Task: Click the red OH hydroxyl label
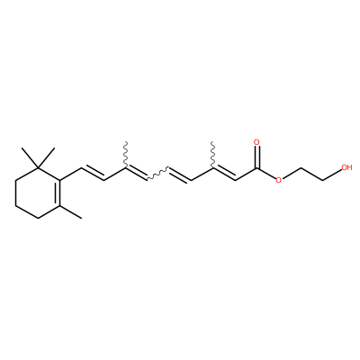click(346, 167)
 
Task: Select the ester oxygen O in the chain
click(279, 180)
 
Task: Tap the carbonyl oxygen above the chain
click(256, 142)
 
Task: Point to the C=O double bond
click(256, 157)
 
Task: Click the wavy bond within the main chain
click(157, 174)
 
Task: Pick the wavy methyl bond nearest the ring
click(126, 154)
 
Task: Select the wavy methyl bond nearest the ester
click(212, 154)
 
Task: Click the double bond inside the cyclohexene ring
click(57, 193)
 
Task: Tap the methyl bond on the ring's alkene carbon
click(70, 211)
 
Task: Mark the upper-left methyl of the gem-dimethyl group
click(30, 157)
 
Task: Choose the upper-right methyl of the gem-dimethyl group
click(47, 157)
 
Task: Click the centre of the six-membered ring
click(38, 193)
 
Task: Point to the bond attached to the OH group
click(332, 174)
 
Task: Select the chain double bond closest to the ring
click(93, 173)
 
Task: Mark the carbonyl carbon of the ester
click(256, 167)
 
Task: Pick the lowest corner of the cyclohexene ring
click(38, 218)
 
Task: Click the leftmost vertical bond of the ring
click(15, 193)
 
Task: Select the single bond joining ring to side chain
click(71, 174)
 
